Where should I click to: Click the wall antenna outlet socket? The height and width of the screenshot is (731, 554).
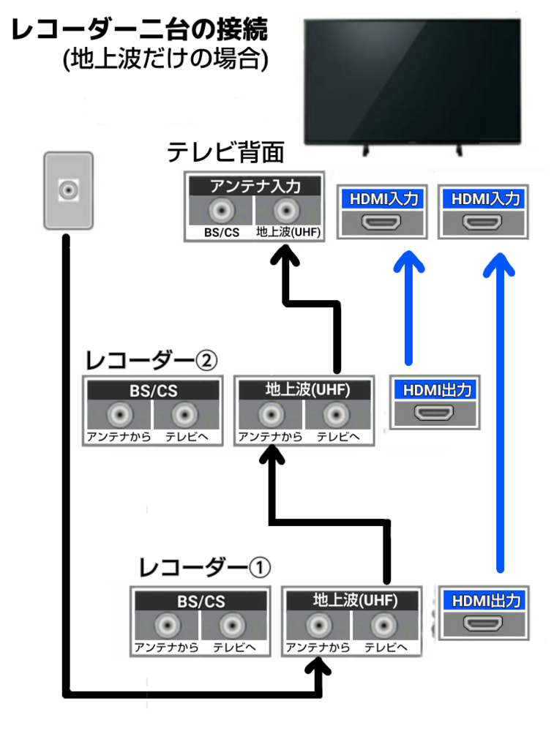point(69,190)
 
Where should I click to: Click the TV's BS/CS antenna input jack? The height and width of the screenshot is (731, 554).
point(222,210)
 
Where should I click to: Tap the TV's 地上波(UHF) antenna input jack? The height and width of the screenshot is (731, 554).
point(286,210)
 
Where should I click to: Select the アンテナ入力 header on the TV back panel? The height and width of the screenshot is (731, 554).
point(255,186)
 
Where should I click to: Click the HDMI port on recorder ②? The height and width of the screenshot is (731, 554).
point(434,413)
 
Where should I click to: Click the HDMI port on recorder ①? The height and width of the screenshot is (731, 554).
point(483,623)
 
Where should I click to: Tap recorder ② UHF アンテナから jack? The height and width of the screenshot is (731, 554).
point(271,414)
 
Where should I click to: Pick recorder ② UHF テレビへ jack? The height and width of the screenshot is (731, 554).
point(336,414)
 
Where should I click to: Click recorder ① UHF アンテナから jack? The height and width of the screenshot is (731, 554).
point(319,625)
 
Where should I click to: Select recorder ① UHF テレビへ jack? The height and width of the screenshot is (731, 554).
point(383,625)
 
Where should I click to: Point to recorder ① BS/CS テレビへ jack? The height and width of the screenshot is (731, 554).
point(232,625)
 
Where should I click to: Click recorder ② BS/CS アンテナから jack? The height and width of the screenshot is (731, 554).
point(120,414)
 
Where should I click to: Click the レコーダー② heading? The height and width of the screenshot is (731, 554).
point(151,360)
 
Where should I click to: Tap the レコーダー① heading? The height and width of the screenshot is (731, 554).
point(205,568)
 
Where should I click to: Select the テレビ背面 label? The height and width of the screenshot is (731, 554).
point(225,152)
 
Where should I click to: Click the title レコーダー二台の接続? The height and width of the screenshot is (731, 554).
point(139,29)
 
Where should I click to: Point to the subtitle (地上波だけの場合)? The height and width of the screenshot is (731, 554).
point(165,59)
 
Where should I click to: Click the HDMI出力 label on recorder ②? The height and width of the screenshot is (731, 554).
point(437,390)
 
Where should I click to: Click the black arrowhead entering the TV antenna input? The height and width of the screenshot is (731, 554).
point(285,255)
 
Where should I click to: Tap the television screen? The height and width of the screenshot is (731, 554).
point(412,80)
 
